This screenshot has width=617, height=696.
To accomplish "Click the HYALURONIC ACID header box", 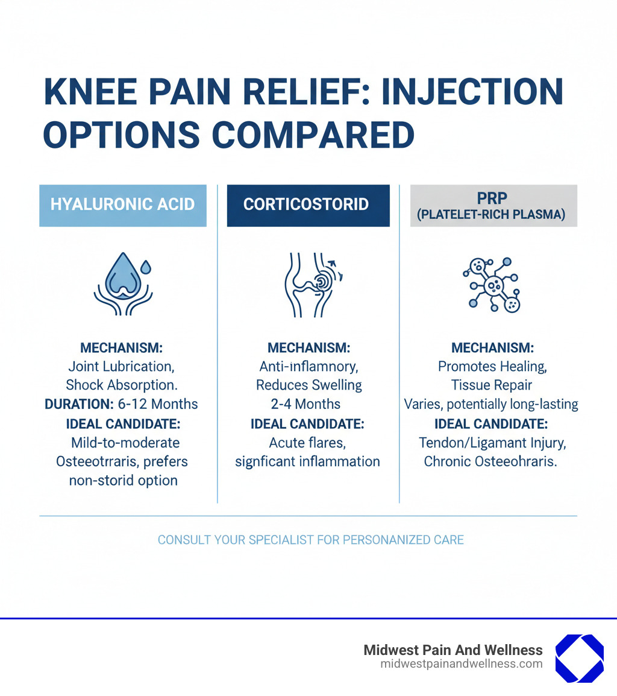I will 123,204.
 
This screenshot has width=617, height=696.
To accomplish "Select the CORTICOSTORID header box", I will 308,204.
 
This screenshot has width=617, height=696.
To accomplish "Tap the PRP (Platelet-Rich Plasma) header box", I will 493,206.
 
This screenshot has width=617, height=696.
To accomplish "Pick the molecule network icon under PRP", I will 493,283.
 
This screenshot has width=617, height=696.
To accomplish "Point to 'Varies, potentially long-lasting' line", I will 491,404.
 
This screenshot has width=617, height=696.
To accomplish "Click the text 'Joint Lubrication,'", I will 122,366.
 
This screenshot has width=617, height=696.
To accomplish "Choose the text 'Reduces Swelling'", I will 308,385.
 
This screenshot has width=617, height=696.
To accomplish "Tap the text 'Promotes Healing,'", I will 492,366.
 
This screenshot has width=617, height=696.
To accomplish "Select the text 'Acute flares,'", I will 307,443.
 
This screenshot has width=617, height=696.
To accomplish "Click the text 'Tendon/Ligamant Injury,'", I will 492,443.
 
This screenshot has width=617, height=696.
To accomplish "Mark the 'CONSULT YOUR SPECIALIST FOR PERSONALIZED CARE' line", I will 310,539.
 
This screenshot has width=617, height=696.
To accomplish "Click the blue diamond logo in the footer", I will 578,659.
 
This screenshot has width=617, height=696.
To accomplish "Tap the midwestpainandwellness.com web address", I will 461,664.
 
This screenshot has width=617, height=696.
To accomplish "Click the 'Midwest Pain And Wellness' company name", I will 453,650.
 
